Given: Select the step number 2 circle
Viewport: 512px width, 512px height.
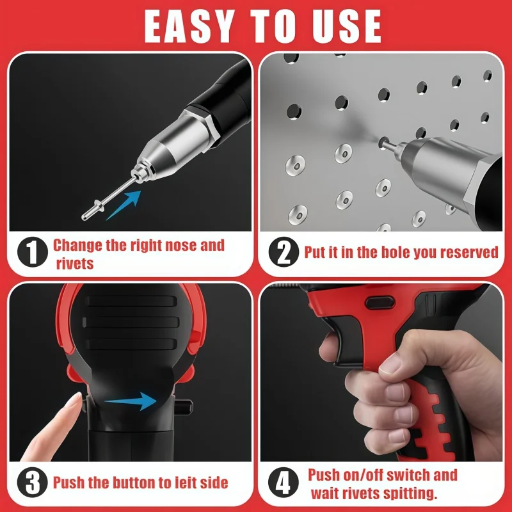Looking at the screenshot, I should (x=282, y=252).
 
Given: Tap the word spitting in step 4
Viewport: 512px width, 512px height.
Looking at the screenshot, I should (x=406, y=494).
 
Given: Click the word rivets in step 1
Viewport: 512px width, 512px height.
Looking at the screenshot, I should (x=74, y=262).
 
